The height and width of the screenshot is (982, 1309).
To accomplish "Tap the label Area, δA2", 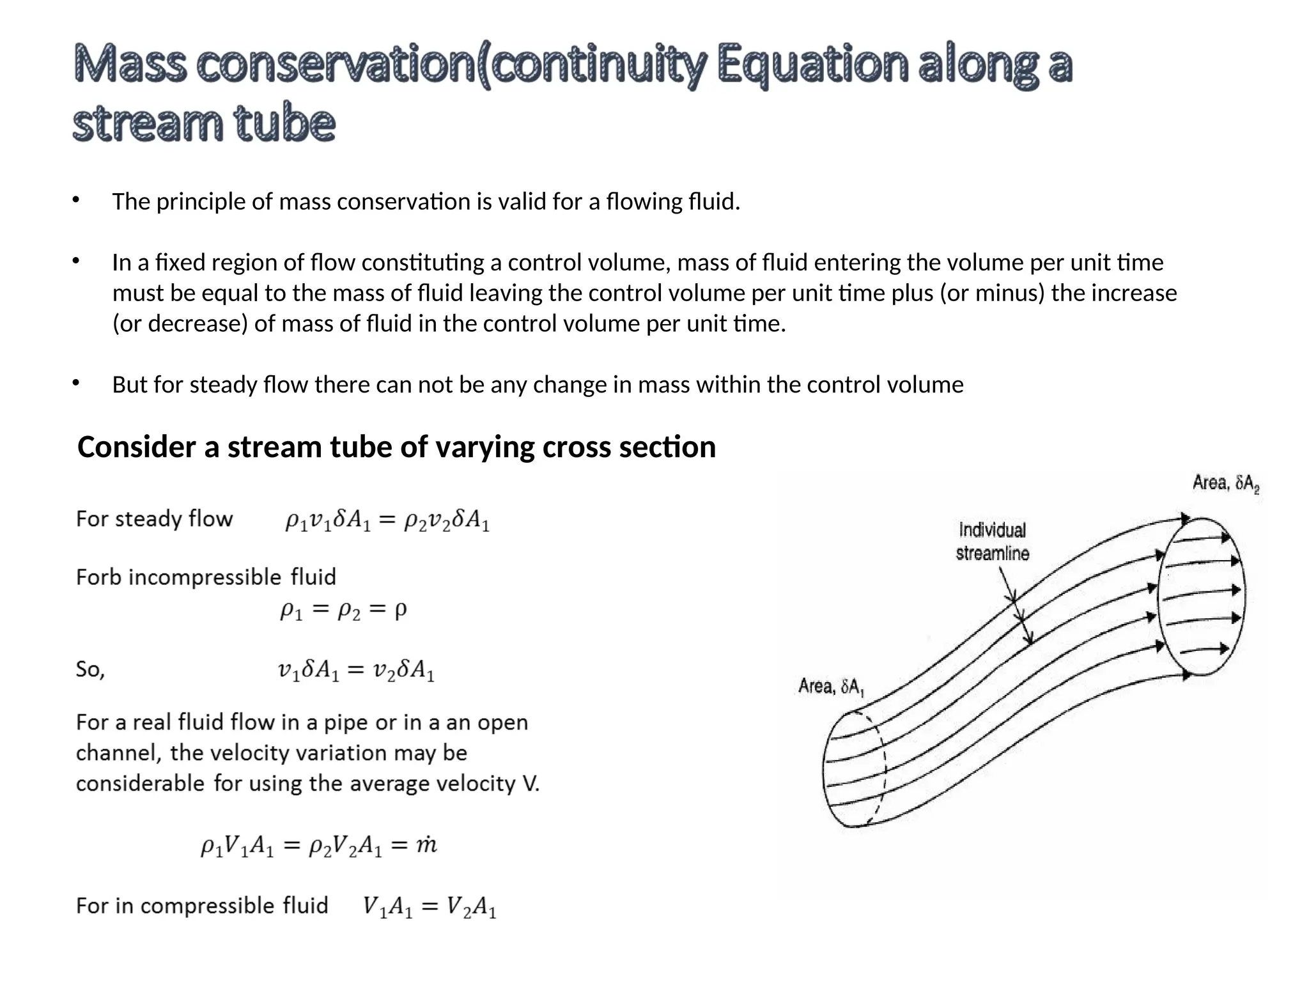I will (x=1225, y=483).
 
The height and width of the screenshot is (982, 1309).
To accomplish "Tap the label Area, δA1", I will (x=831, y=687).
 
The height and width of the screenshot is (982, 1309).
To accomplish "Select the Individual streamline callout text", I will (x=992, y=542).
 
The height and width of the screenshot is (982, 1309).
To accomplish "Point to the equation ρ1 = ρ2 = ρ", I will (x=343, y=610).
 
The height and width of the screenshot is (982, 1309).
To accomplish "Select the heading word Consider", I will (x=136, y=447).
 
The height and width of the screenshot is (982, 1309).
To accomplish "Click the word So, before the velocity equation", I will (x=90, y=669).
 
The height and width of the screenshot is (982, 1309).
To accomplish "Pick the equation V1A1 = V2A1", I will (x=429, y=907).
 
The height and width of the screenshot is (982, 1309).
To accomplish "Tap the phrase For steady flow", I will (x=154, y=518).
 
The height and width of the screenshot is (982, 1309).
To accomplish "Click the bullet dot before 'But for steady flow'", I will (x=75, y=383).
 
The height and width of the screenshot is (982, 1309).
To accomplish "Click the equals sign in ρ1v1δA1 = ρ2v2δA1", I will (x=387, y=521).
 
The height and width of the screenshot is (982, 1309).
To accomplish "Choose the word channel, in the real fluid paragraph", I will (x=118, y=753).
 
